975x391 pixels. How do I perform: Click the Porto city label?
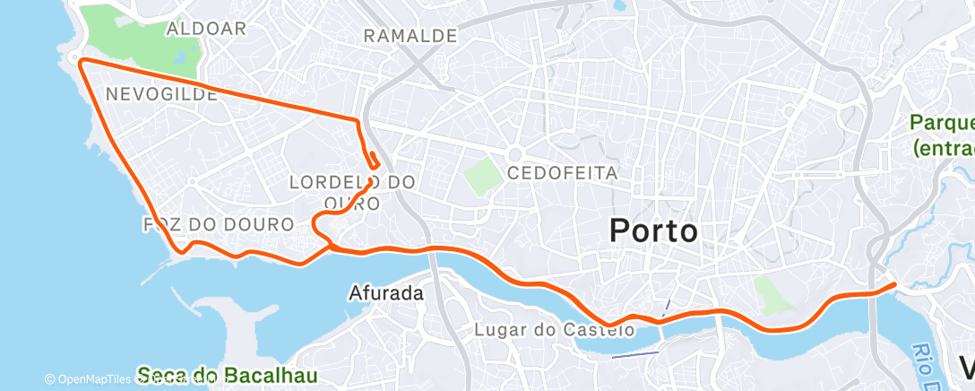(653, 230)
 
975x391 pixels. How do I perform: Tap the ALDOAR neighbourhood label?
(206, 29)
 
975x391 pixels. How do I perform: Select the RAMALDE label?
(410, 36)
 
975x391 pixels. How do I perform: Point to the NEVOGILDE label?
(161, 93)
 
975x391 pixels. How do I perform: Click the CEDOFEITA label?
(562, 172)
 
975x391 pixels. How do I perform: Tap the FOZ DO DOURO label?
(218, 223)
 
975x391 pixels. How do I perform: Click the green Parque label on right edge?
(943, 135)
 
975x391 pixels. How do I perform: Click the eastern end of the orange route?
(893, 285)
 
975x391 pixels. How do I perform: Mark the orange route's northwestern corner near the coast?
(82, 61)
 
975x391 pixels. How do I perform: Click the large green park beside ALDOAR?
(125, 36)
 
